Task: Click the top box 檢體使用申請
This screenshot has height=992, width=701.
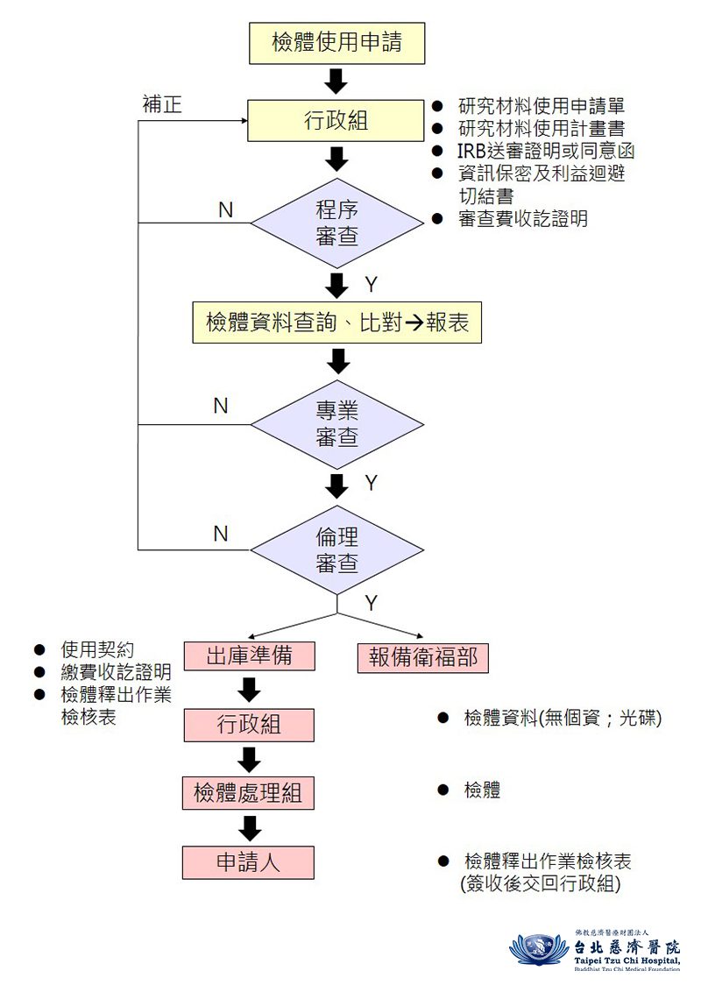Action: click(x=336, y=43)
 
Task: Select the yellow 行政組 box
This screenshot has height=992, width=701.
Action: click(x=336, y=120)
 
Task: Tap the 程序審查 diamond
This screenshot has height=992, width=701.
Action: click(x=337, y=223)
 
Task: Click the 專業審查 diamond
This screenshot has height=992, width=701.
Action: click(x=337, y=424)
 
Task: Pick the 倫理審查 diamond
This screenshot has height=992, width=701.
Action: click(x=337, y=549)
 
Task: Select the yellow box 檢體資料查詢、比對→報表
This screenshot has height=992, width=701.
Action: click(x=337, y=322)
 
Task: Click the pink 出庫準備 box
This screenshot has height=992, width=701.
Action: click(x=249, y=656)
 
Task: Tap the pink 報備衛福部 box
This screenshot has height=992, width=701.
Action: click(x=422, y=657)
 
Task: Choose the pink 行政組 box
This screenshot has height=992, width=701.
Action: click(x=249, y=725)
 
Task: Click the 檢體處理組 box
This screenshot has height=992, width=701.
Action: click(x=248, y=793)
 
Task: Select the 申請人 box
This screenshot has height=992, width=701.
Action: click(x=248, y=862)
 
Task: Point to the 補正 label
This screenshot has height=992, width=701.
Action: click(x=162, y=103)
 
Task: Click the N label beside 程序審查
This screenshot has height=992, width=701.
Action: click(x=226, y=210)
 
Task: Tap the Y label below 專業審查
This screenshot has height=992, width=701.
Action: click(x=372, y=484)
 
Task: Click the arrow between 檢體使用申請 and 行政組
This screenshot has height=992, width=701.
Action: click(x=336, y=81)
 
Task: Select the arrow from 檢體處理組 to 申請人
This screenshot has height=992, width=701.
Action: click(x=251, y=828)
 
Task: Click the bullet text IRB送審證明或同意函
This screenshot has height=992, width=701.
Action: click(x=545, y=151)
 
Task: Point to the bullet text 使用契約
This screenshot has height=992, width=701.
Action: click(x=97, y=649)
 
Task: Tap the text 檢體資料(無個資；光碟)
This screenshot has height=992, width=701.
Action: click(x=563, y=718)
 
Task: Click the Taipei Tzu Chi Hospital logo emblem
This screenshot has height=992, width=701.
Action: click(x=539, y=949)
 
